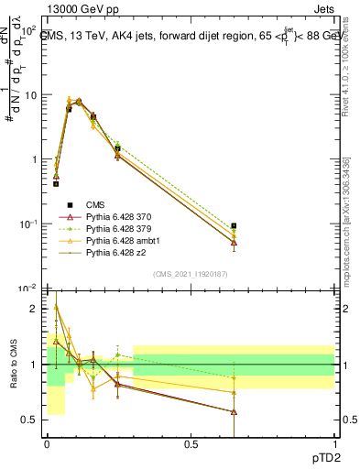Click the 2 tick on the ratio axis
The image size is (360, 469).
tap(37, 310)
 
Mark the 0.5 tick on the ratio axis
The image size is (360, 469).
tap(34, 420)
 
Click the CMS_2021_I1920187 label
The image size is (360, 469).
tap(191, 273)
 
